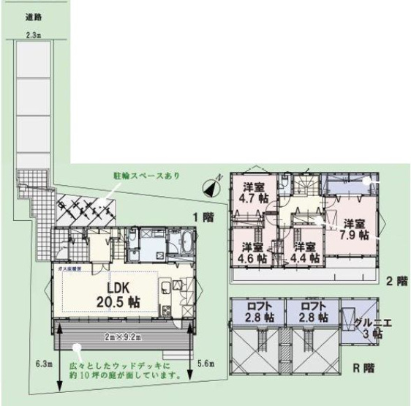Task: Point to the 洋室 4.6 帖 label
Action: point(251,252)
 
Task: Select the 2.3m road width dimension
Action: point(32,34)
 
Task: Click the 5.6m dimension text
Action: point(206,362)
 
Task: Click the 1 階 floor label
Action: point(203,217)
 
